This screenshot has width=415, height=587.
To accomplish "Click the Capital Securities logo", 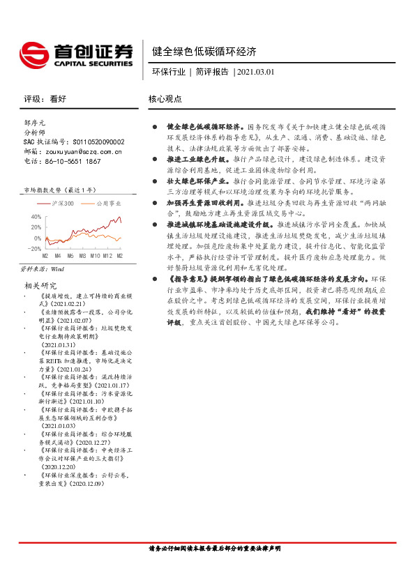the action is [x=76, y=54].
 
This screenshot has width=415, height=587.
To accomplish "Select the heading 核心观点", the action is [x=165, y=100].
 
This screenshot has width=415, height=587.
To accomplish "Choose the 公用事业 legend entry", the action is [x=105, y=204].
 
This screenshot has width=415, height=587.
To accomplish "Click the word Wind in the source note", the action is [x=58, y=268].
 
